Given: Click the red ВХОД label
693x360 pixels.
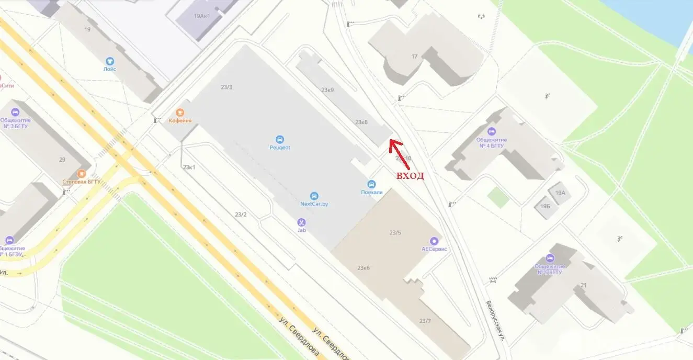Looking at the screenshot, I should pyautogui.click(x=410, y=176).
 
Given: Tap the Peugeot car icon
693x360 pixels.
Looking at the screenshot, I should pyautogui.click(x=280, y=139).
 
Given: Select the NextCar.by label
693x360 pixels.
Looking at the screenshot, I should pyautogui.click(x=314, y=204).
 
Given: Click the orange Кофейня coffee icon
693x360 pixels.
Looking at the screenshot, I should pyautogui.click(x=180, y=112).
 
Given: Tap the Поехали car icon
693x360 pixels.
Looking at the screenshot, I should pyautogui.click(x=372, y=184).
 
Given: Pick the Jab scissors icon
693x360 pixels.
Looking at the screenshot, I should pyautogui.click(x=301, y=222).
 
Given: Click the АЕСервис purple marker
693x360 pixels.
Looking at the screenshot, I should pyautogui.click(x=434, y=241).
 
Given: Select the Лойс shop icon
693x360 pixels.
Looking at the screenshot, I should pyautogui.click(x=110, y=61).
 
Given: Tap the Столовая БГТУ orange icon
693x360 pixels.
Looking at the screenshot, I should pyautogui.click(x=81, y=173).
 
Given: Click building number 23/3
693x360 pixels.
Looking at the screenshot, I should pyautogui.click(x=226, y=87).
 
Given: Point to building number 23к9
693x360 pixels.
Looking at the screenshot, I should pyautogui.click(x=327, y=90).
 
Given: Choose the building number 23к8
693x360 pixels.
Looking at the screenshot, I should pyautogui.click(x=361, y=122).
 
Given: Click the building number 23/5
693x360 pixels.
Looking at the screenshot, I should pyautogui.click(x=395, y=232).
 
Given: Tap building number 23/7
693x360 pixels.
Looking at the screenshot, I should pyautogui.click(x=425, y=321).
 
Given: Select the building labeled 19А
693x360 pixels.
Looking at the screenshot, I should pyautogui.click(x=560, y=193).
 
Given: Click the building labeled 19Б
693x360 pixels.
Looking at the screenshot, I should pyautogui.click(x=546, y=206).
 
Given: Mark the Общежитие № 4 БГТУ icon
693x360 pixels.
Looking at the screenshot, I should pyautogui.click(x=491, y=131).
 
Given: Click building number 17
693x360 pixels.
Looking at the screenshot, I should pyautogui.click(x=414, y=57).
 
